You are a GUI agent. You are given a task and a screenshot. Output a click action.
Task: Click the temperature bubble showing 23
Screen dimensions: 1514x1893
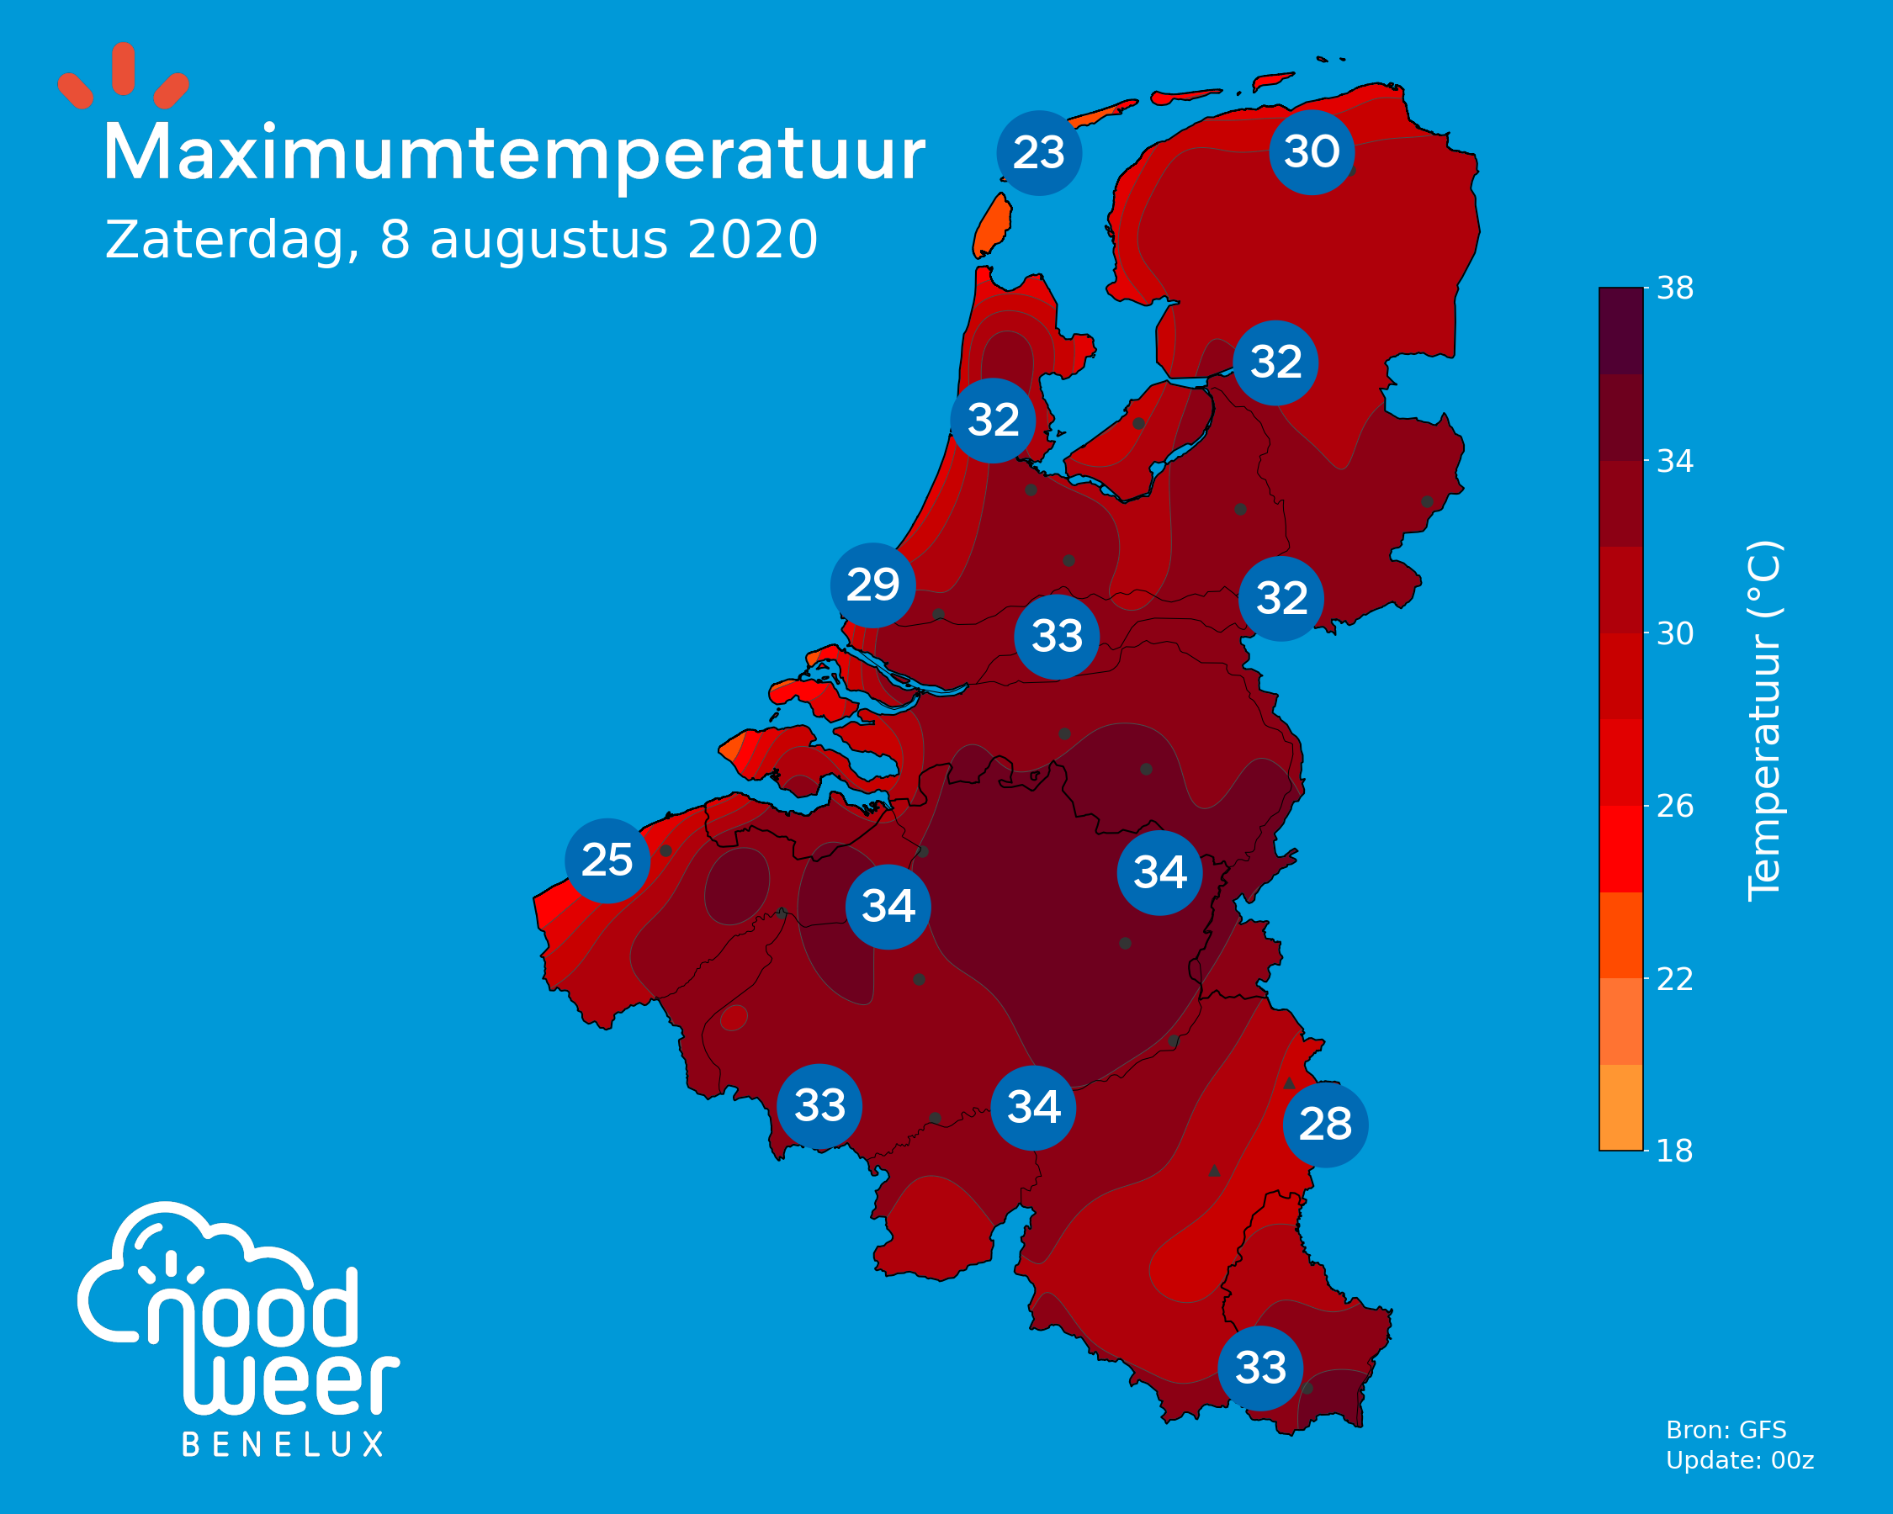tap(1039, 153)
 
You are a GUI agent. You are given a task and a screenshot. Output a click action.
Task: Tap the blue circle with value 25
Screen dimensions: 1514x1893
tap(607, 860)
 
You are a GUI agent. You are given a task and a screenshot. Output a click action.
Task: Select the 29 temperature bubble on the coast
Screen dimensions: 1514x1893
tap(872, 585)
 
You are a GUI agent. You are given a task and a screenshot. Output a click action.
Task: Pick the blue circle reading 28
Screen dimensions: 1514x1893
tap(1325, 1125)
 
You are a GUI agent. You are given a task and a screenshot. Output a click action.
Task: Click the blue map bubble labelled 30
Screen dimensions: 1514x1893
tap(1312, 152)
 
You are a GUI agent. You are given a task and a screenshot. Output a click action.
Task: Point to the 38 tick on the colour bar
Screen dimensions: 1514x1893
tap(1674, 289)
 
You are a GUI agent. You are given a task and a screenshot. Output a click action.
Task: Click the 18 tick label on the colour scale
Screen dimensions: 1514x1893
tap(1674, 1151)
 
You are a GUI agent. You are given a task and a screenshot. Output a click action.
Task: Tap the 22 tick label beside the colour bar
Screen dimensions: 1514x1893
tap(1674, 978)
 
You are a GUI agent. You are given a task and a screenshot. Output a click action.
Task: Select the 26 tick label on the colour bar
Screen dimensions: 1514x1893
tap(1674, 806)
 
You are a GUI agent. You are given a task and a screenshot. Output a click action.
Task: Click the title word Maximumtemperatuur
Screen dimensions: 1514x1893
tap(515, 155)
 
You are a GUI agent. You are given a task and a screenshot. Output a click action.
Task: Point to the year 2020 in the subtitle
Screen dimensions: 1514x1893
tap(752, 240)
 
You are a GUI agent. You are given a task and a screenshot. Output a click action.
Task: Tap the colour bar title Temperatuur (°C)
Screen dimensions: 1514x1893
tap(1763, 720)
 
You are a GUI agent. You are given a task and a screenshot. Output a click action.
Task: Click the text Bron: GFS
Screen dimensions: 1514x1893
tap(1726, 1430)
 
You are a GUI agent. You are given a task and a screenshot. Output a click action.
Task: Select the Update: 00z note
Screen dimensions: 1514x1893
tap(1739, 1460)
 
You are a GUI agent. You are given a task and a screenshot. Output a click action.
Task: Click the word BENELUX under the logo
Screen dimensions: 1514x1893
tap(283, 1445)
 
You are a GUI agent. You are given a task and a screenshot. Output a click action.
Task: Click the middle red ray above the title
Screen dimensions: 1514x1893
tap(124, 67)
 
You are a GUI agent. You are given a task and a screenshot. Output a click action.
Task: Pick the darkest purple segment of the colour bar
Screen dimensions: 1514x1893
tap(1620, 331)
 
